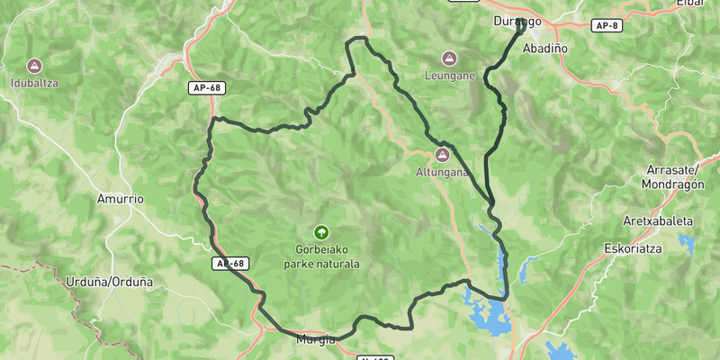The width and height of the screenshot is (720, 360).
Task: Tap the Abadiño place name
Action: coord(544,47)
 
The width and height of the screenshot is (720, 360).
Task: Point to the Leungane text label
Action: coord(450,76)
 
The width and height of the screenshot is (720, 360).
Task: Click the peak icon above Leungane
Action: coord(450,58)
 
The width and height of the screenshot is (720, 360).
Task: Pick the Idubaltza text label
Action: coord(34,84)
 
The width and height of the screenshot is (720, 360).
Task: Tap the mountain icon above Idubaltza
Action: coord(34,66)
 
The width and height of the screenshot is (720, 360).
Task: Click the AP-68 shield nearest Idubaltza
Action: coord(206,88)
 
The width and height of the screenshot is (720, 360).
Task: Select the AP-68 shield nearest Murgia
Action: coord(230,264)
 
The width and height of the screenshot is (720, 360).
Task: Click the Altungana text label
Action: coord(441,173)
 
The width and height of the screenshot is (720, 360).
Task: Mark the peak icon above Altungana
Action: coord(441,155)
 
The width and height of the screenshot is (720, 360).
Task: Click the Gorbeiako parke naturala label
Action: coord(321,256)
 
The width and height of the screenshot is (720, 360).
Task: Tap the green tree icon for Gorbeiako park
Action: coord(321,231)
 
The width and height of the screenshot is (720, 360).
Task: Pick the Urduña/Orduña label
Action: coord(110,282)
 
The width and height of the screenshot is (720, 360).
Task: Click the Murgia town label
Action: coord(315,339)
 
